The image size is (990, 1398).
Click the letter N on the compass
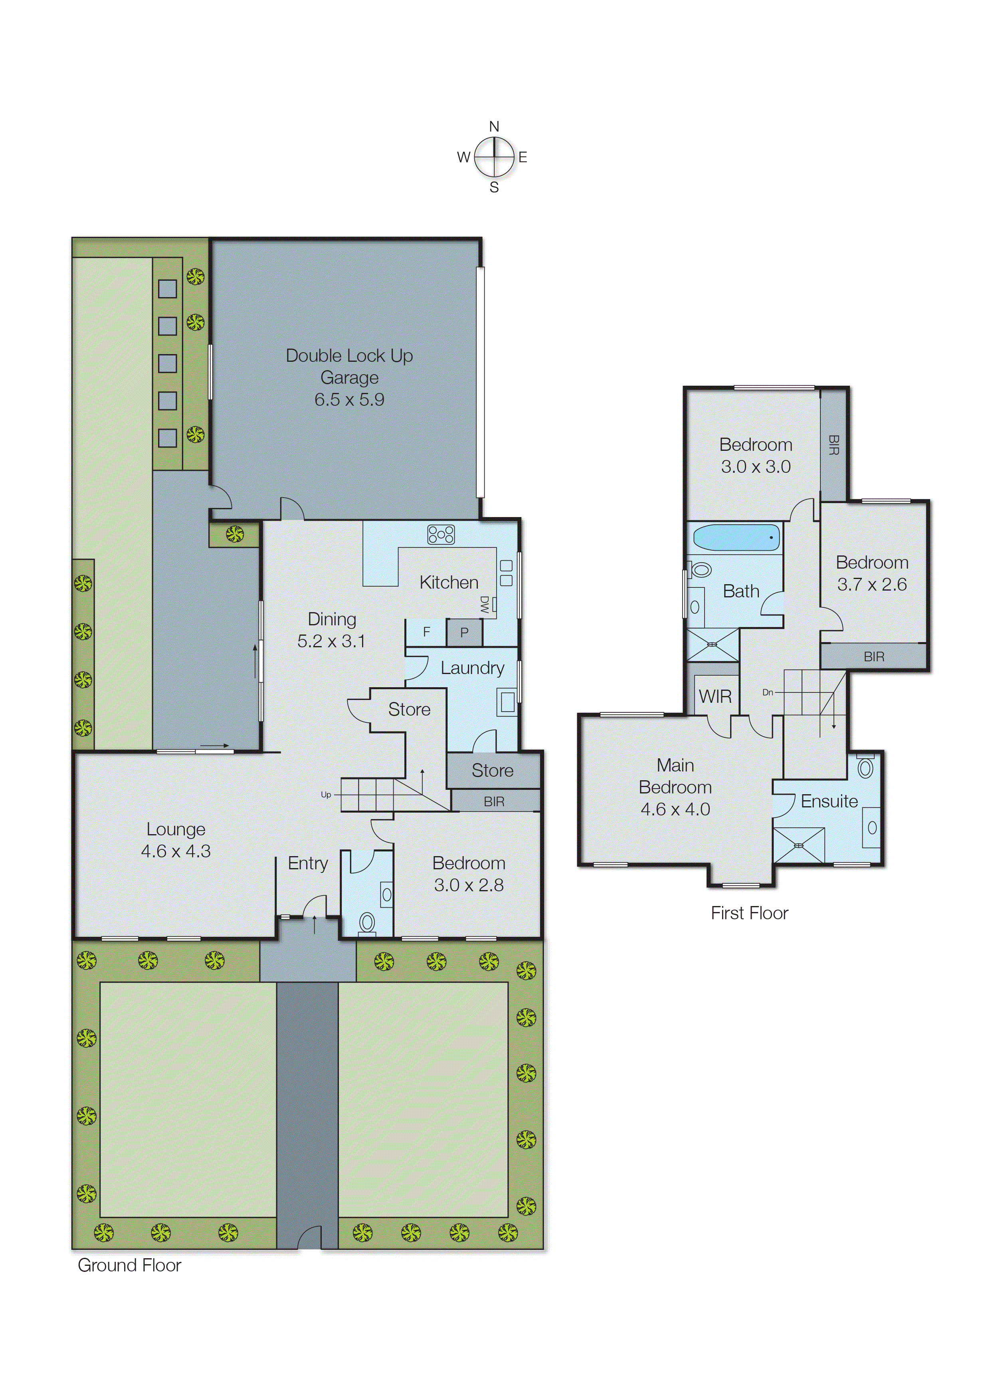pos(494,127)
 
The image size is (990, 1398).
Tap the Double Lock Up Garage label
pos(349,367)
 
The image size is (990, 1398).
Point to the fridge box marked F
pos(426,632)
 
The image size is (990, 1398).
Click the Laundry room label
pos(472,668)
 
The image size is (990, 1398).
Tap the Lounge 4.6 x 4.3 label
pos(176,840)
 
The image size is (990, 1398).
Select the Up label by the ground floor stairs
pos(325,794)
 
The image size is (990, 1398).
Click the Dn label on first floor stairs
pos(768,692)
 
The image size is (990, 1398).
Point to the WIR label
pos(715,696)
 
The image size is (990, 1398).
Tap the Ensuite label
pos(829,801)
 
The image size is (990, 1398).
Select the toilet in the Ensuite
pos(865,767)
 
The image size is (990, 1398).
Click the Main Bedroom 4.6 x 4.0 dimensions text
pos(675,809)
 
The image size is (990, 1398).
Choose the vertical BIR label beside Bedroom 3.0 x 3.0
pos(834,445)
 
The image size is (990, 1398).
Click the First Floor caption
pos(749,913)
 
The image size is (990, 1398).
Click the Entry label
pos(308,863)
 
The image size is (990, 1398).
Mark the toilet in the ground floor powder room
pos(367,922)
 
